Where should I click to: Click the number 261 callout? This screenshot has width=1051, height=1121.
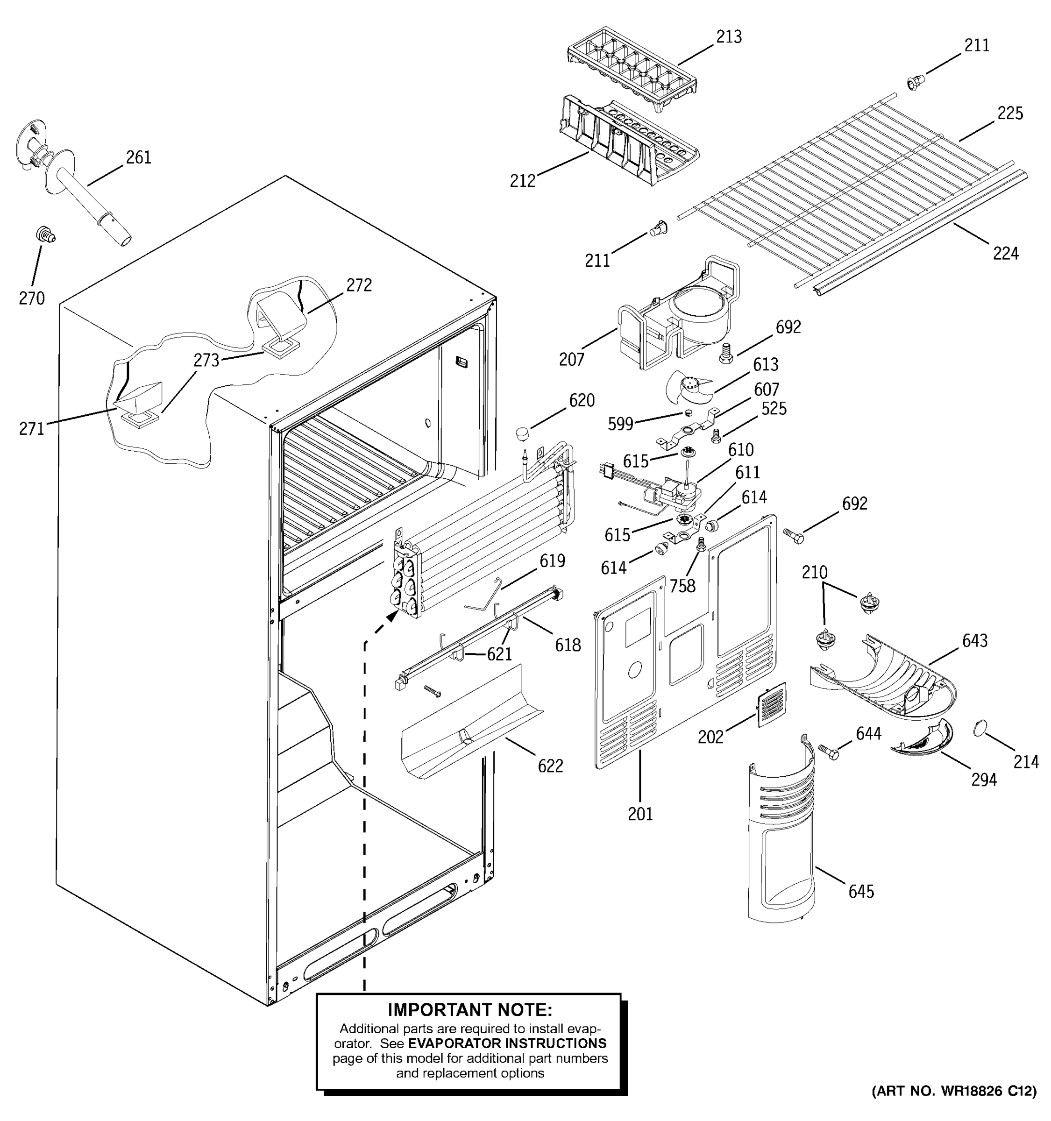[x=138, y=157]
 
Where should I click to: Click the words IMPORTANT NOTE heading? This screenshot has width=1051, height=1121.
[x=469, y=1009]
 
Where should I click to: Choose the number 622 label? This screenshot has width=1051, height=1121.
[x=550, y=766]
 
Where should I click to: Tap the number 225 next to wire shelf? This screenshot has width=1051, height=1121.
[x=1009, y=114]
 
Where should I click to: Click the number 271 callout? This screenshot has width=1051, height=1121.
[x=32, y=429]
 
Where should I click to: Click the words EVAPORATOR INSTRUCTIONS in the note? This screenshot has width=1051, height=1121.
[x=507, y=1043]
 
